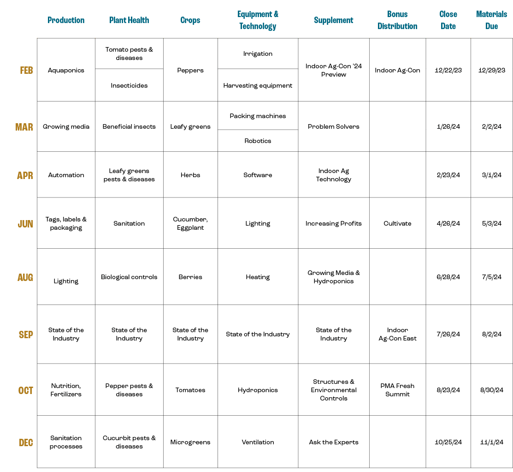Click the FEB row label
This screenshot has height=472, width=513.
pos(26,71)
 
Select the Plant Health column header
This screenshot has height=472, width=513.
pos(129,20)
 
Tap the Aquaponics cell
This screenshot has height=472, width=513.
pos(66,71)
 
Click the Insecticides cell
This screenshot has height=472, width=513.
pos(129,85)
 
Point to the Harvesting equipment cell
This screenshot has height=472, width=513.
pos(258,85)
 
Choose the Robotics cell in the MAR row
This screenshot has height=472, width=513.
pos(258,141)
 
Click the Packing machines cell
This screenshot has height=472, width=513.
pos(258,116)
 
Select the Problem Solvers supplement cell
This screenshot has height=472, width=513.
pos(334,126)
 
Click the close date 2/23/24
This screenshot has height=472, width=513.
pos(448,175)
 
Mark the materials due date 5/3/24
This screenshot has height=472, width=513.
pos(491,223)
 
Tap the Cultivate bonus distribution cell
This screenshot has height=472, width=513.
pos(397,223)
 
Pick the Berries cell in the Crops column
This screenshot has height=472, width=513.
pos(190,277)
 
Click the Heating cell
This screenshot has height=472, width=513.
pos(258,277)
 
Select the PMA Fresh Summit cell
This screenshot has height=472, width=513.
pos(397,390)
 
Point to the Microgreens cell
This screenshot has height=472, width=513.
pos(190,442)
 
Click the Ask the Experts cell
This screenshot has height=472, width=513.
pos(334,442)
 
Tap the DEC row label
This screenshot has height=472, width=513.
pos(26,442)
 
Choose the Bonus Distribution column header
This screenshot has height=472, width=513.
pos(397,20)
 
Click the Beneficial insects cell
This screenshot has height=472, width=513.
pos(129,126)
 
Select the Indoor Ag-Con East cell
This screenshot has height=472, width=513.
pos(397,334)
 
